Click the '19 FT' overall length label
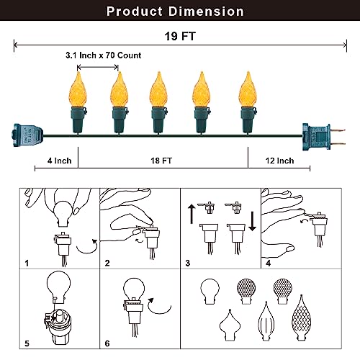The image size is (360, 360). pyautogui.click(x=180, y=37)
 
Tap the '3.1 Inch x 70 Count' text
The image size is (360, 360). pyautogui.click(x=104, y=55)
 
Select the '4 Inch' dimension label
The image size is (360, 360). pyautogui.click(x=59, y=161)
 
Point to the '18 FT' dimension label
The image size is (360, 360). pyautogui.click(x=161, y=161)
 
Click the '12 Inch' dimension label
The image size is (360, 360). pyautogui.click(x=279, y=161)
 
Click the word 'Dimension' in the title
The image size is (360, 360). pyautogui.click(x=206, y=12)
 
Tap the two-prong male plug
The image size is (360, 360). pyautogui.click(x=323, y=137)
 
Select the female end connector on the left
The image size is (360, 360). pyautogui.click(x=28, y=135)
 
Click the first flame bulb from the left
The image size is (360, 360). pyautogui.click(x=78, y=89)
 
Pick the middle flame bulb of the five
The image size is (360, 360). pyautogui.click(x=158, y=89)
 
